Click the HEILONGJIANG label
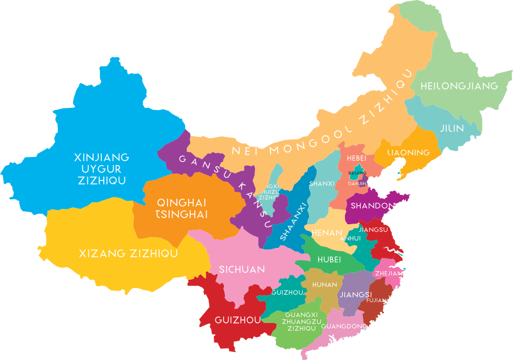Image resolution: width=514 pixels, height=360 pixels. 459,86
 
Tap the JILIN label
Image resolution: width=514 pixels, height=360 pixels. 452,128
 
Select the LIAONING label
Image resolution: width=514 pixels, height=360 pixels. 409,153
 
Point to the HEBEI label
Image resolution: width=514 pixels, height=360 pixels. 356,158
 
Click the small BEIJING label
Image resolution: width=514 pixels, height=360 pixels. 357,173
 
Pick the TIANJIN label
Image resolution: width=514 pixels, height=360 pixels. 357,183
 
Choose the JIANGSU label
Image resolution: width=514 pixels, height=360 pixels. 373,229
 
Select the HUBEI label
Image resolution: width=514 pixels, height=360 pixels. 329,260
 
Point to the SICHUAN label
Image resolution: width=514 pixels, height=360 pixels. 242,269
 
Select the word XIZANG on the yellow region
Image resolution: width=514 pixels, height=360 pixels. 103,254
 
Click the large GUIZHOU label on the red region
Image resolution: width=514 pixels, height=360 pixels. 230,320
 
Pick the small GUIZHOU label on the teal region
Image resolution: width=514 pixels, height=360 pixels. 286,292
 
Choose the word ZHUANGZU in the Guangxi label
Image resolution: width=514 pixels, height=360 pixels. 302,321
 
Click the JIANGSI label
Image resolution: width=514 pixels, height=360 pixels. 355,295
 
